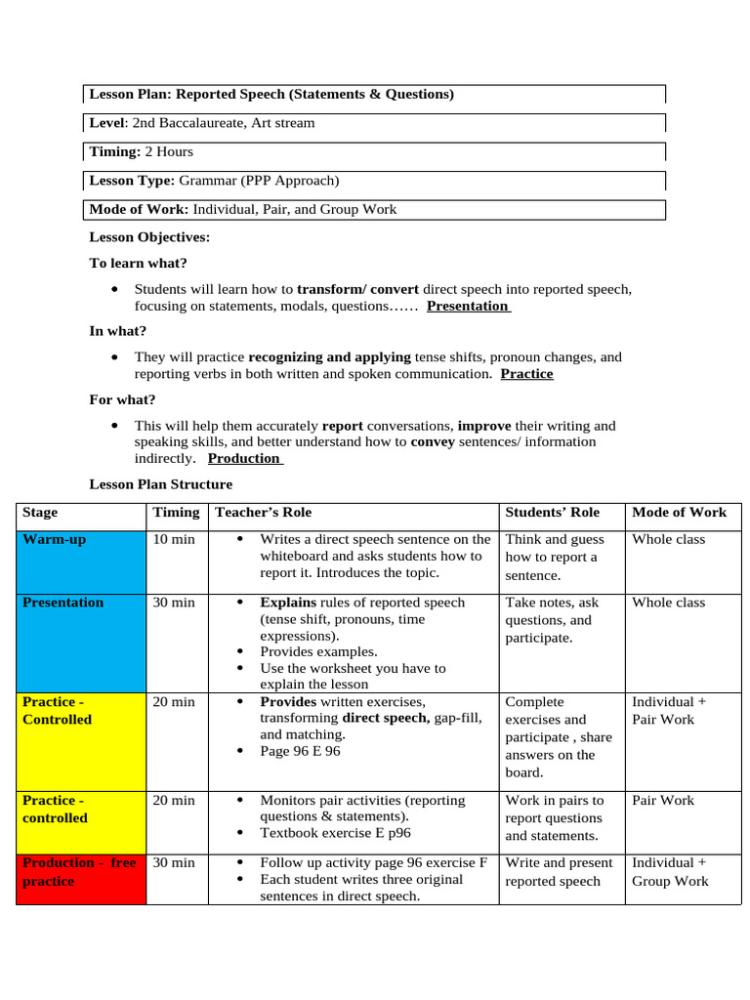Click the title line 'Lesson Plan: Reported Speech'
click(271, 95)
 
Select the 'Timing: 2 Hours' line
click(141, 152)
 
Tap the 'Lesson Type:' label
click(132, 181)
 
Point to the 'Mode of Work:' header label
click(139, 210)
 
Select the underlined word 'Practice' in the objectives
click(526, 374)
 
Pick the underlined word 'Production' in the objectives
click(244, 458)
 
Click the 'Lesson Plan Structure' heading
click(161, 484)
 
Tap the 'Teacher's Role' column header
click(263, 513)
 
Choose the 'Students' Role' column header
click(552, 513)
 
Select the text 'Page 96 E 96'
click(300, 751)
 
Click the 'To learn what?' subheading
click(138, 264)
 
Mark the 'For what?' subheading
click(122, 399)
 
